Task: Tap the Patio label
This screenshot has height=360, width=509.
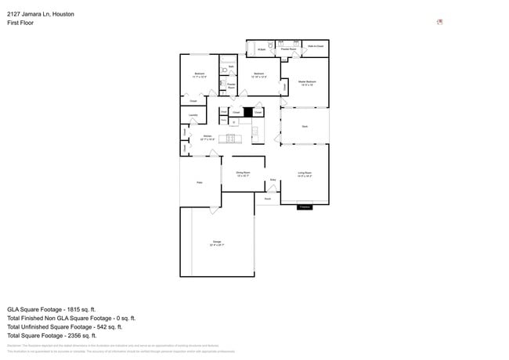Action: (x=199, y=182)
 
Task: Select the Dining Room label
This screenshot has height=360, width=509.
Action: (x=243, y=173)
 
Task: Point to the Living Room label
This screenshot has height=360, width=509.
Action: (x=305, y=173)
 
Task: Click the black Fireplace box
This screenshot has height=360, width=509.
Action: (x=305, y=207)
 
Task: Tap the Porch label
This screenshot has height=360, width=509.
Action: (x=267, y=199)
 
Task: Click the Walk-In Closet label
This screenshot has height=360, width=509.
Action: (x=316, y=46)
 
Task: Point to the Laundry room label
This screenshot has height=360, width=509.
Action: (x=193, y=115)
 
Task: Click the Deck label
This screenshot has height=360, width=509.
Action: (x=305, y=126)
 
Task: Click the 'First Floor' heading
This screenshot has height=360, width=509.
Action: (x=20, y=23)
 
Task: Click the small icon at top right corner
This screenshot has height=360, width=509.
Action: (x=440, y=22)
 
